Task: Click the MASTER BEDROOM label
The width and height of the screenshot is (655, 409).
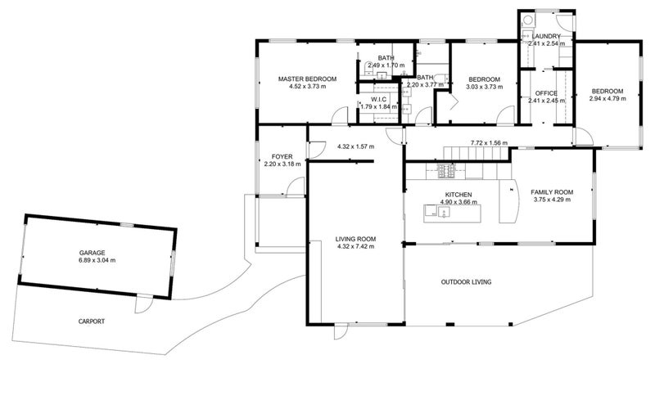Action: (x=308, y=79)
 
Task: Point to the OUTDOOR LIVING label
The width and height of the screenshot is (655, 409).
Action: (x=466, y=281)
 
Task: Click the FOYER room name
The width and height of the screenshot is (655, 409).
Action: (x=282, y=156)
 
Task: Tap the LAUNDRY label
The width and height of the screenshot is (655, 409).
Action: (x=545, y=38)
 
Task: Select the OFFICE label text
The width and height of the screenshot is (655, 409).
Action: (x=545, y=92)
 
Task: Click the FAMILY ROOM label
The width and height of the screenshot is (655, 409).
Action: (x=553, y=191)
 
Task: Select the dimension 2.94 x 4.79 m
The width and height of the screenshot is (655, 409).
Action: (x=608, y=98)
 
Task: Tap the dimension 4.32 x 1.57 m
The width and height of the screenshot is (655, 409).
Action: (x=355, y=146)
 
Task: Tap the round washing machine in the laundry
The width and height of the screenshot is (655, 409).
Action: (x=528, y=23)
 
